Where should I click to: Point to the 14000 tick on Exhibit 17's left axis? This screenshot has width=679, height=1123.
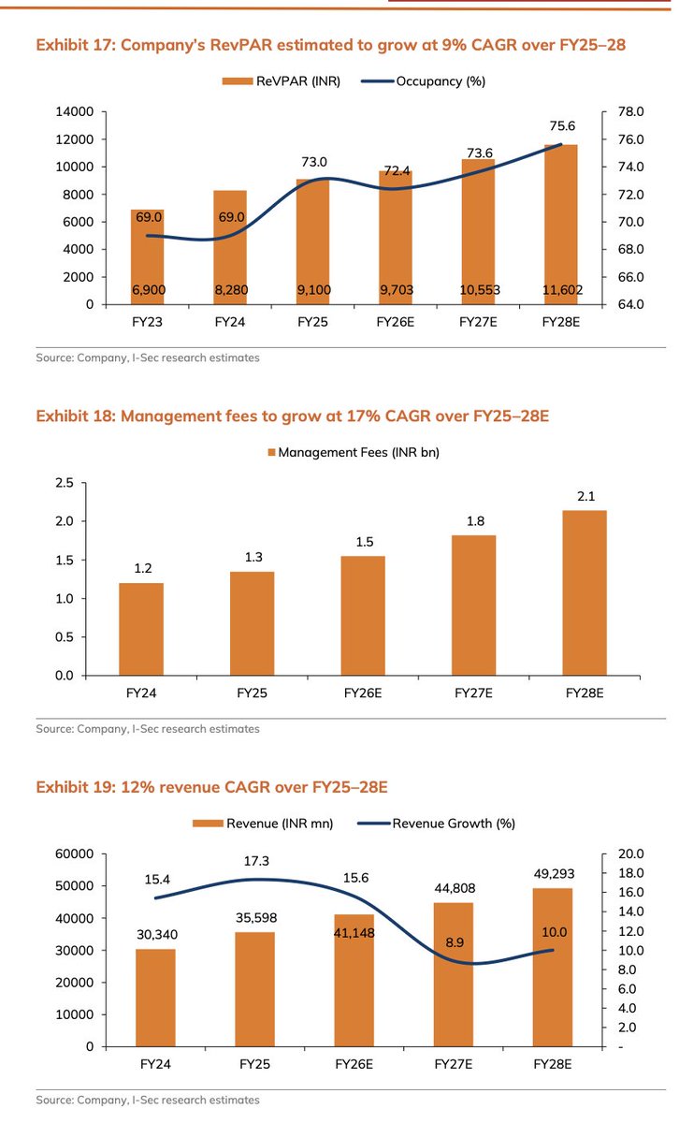(x=75, y=111)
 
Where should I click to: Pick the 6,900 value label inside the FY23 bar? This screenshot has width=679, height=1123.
(x=147, y=290)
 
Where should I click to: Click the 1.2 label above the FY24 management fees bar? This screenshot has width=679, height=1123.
(x=141, y=568)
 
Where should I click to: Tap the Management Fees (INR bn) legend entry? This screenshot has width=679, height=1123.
(x=354, y=452)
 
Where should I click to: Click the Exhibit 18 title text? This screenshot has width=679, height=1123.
(x=292, y=416)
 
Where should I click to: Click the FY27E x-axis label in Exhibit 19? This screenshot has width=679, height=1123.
(x=453, y=1065)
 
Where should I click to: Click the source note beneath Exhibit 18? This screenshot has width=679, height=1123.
(x=148, y=728)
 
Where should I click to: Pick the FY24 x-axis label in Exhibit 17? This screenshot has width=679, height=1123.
(x=230, y=322)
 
